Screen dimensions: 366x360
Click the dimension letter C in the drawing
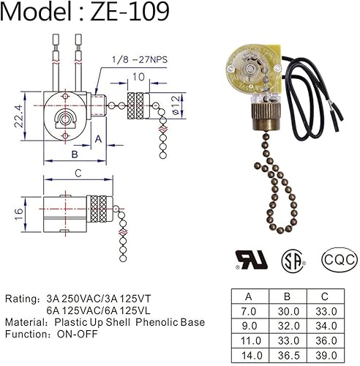point(78,173)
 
